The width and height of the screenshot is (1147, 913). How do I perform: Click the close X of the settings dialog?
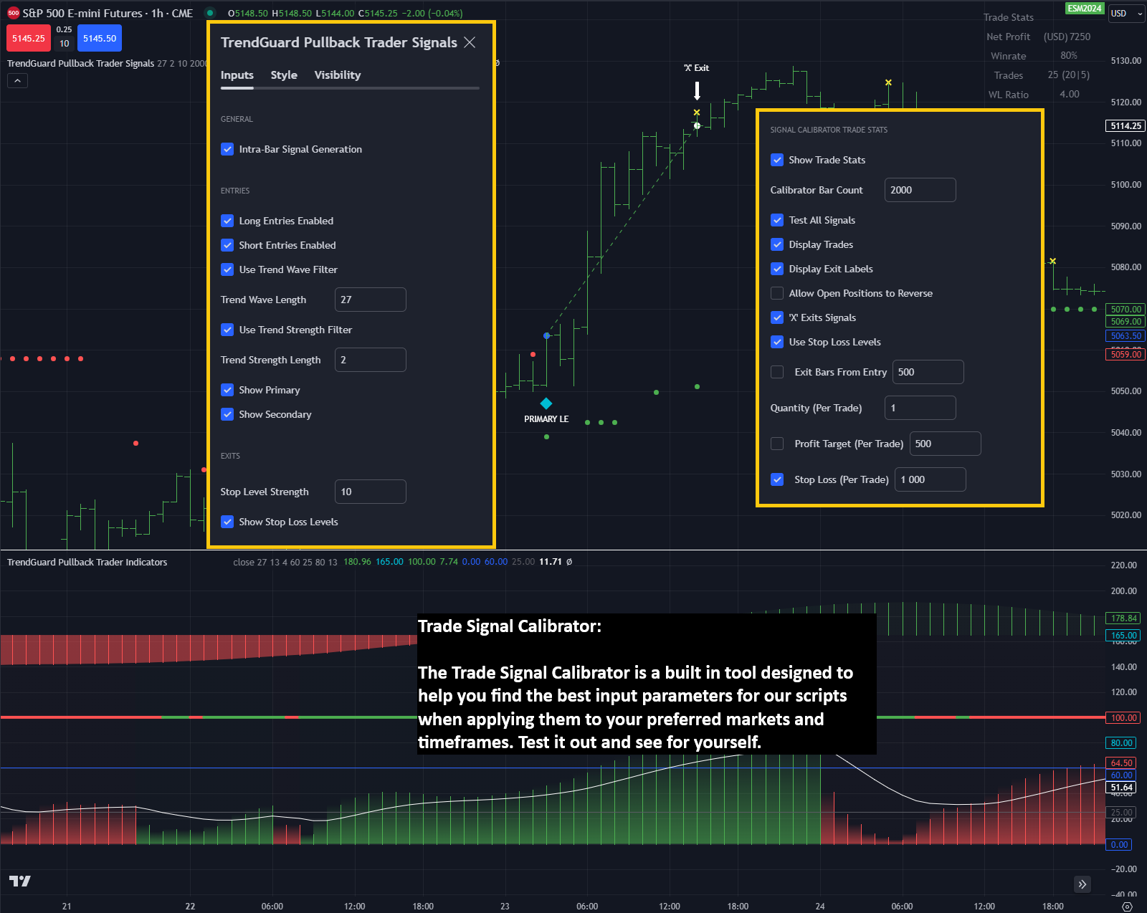tap(470, 42)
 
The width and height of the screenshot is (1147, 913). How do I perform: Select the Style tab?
tap(284, 75)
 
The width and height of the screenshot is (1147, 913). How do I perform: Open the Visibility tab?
tap(337, 75)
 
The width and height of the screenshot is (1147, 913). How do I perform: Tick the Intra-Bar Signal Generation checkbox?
tap(227, 149)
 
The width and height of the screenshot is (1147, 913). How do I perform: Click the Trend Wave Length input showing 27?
tap(370, 300)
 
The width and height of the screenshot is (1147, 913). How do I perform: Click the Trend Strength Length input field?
tap(370, 360)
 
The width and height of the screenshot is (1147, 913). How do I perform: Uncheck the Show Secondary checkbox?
tap(227, 414)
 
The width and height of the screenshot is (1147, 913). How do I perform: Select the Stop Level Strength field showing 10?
tap(370, 492)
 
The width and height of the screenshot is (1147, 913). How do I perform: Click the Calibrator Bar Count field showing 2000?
tap(920, 190)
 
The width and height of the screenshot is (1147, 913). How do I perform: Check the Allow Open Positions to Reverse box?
tap(777, 293)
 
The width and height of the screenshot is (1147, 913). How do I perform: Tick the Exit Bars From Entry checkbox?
tap(777, 372)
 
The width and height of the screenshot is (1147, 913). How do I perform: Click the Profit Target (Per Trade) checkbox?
tap(777, 444)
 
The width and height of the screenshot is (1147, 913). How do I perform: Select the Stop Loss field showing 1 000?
tap(930, 479)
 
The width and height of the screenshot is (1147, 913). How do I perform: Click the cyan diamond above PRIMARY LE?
tap(546, 403)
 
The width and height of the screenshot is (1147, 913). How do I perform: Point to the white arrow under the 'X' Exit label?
tap(697, 90)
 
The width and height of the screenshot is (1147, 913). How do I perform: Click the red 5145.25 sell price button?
tap(28, 39)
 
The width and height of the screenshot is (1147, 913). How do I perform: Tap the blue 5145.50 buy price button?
tap(100, 39)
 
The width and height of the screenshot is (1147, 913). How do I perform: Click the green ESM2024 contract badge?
tap(1084, 9)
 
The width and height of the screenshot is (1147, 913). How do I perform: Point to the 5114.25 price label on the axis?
tap(1125, 126)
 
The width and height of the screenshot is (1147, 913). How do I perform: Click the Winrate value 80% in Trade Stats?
tap(1068, 56)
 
